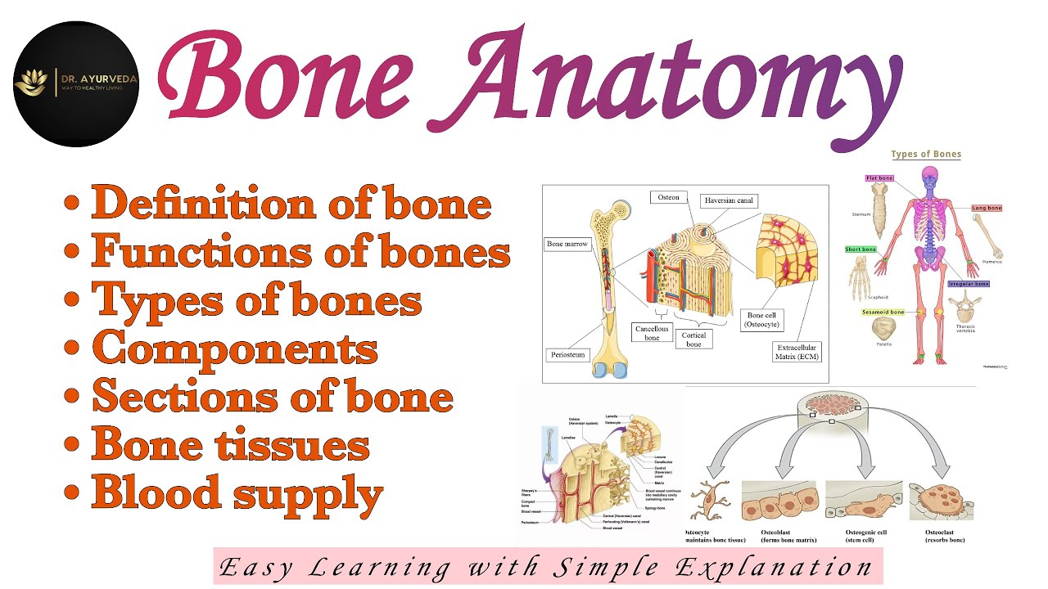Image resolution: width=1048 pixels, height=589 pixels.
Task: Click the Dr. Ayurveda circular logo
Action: (x=76, y=84)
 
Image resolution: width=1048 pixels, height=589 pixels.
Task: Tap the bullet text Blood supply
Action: (x=237, y=493)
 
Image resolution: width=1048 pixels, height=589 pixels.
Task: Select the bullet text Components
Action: (x=234, y=349)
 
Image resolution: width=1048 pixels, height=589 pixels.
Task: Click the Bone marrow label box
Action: (x=567, y=244)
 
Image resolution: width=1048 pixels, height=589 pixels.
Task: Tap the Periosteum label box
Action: (x=567, y=356)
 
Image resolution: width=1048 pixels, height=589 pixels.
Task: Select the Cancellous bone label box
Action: (x=652, y=333)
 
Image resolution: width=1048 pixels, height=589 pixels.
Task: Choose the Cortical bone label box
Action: (x=693, y=339)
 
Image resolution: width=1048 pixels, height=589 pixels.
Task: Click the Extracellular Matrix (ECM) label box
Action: (x=797, y=353)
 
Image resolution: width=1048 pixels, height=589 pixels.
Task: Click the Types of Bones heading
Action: (x=925, y=154)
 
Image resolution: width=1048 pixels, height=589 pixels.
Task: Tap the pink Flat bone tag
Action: (x=879, y=178)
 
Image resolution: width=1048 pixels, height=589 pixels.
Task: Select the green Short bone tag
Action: (x=861, y=250)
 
